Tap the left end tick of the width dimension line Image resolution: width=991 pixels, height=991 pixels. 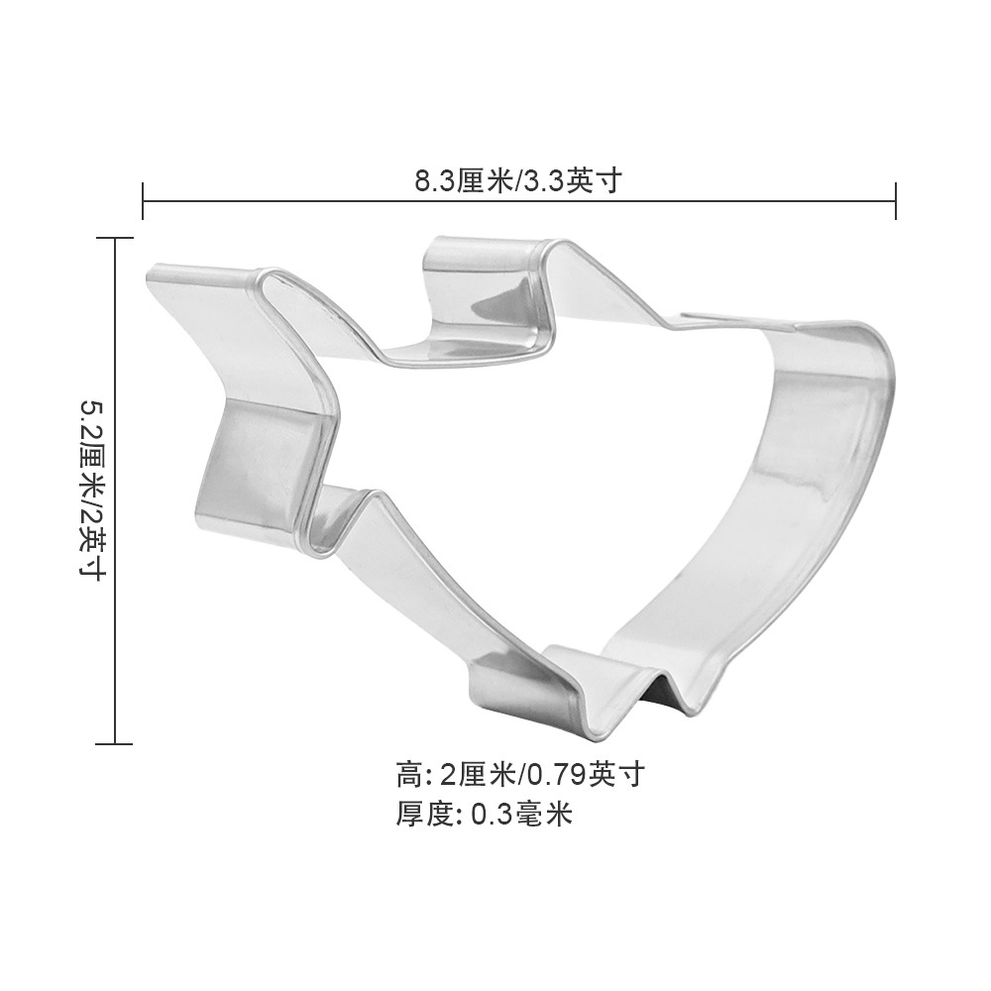coord(144,200)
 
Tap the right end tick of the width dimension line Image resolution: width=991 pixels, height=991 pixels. coord(896,200)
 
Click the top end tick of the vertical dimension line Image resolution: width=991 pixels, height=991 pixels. coord(116,238)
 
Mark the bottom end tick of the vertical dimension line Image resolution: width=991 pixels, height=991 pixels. coord(116,743)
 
